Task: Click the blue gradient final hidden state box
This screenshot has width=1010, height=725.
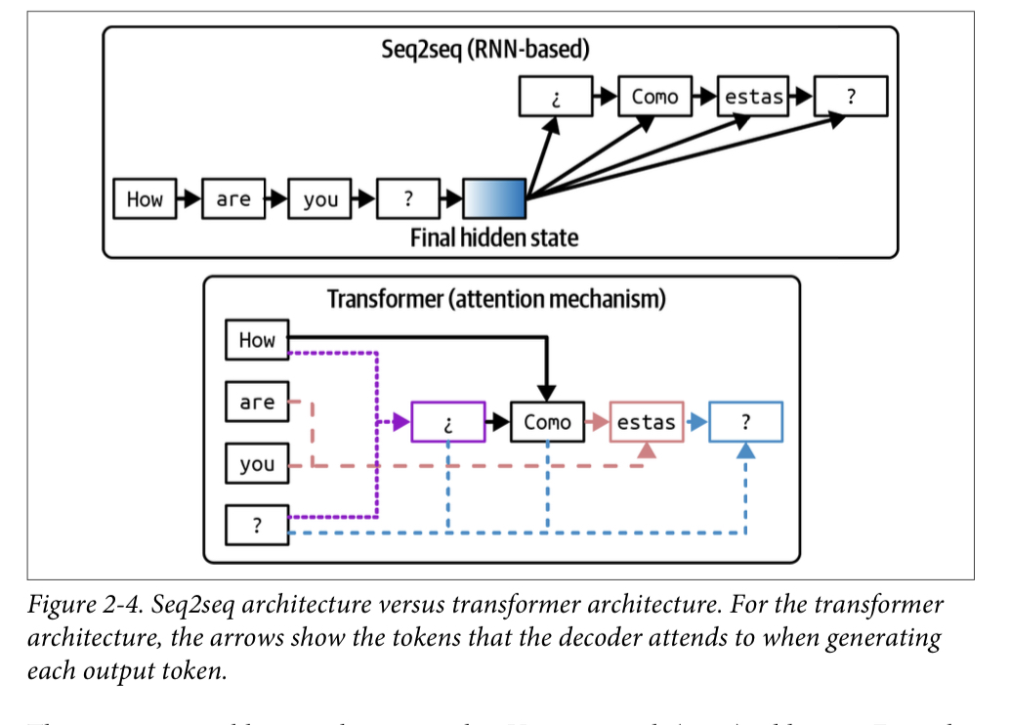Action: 494,199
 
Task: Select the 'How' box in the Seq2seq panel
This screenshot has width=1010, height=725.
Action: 145,199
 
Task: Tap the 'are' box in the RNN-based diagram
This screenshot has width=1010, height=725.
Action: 233,199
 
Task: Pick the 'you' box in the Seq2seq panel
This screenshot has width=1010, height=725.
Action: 320,199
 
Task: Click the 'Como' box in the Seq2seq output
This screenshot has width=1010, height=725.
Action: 654,97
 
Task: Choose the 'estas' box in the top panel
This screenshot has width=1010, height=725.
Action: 753,97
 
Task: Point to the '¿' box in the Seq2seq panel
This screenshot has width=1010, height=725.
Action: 555,97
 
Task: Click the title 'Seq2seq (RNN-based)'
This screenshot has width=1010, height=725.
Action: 485,49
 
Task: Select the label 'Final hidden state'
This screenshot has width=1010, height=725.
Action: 494,237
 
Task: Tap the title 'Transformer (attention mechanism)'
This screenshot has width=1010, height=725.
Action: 496,299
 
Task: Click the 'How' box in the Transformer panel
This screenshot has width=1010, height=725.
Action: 257,340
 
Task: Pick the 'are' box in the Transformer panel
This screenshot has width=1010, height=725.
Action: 257,402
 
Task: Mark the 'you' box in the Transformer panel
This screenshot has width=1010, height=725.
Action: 257,464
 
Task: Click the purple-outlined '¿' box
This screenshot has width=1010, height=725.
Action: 448,422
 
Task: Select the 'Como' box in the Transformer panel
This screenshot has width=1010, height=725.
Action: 547,422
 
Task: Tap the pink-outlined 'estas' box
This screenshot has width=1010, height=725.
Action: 647,422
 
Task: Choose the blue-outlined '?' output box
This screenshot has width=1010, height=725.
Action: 745,422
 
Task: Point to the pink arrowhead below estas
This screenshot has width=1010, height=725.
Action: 647,451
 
